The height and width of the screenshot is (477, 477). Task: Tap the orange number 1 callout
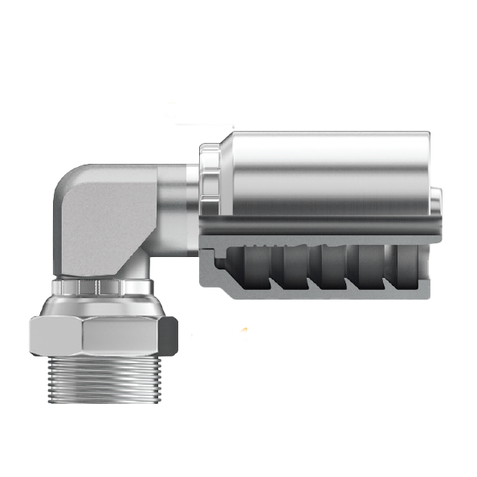click(x=243, y=336)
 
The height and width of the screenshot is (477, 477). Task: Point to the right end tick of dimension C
click(x=233, y=124)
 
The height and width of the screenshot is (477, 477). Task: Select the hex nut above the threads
click(x=102, y=336)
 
